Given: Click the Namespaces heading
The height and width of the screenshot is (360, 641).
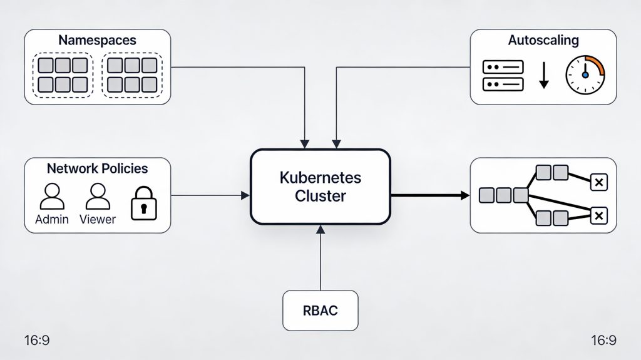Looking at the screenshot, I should [x=97, y=39].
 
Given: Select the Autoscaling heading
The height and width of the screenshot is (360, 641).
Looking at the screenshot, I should [x=543, y=40].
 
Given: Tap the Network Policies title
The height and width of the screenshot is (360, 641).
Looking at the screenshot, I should [x=97, y=168].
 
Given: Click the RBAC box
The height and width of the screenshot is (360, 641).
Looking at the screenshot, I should [x=320, y=311].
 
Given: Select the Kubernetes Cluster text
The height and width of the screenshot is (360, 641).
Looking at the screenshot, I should [x=320, y=187].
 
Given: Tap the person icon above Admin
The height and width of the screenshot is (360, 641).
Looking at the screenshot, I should [x=52, y=197].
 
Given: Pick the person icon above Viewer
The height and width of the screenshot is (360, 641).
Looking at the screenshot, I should [x=97, y=197].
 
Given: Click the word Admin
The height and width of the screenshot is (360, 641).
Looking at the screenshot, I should [x=52, y=220].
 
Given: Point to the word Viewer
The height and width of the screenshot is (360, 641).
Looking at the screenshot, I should [x=97, y=220].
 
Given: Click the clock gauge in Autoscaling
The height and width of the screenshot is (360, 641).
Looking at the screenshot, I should [x=585, y=75].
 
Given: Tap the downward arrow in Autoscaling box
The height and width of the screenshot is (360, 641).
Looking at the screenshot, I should [x=543, y=75].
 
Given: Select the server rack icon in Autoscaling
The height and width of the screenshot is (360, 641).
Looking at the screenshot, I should [x=503, y=75].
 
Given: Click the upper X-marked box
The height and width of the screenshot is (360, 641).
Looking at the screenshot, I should [x=598, y=182].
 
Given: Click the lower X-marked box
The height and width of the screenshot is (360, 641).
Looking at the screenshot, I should [x=598, y=217].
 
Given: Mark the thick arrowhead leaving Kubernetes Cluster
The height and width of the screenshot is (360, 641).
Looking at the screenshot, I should [x=464, y=196].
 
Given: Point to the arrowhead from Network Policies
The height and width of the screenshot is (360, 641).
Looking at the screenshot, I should [x=245, y=196].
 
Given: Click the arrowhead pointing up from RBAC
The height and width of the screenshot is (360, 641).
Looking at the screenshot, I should [x=320, y=229].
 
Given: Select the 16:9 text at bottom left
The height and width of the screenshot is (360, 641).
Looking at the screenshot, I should [x=37, y=341].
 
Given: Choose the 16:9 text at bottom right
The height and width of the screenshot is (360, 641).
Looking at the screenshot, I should [x=603, y=341].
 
